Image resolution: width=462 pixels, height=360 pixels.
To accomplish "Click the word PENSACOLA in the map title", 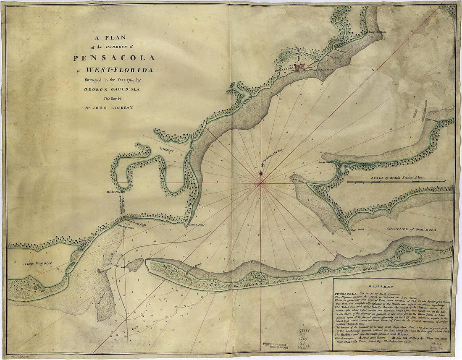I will click(x=114, y=57).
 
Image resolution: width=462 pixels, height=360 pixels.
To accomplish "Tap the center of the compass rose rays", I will click(x=261, y=183).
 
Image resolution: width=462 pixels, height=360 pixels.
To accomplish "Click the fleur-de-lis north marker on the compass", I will click(x=261, y=172).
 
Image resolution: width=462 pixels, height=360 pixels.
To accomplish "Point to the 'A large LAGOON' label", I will click(x=38, y=263).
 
